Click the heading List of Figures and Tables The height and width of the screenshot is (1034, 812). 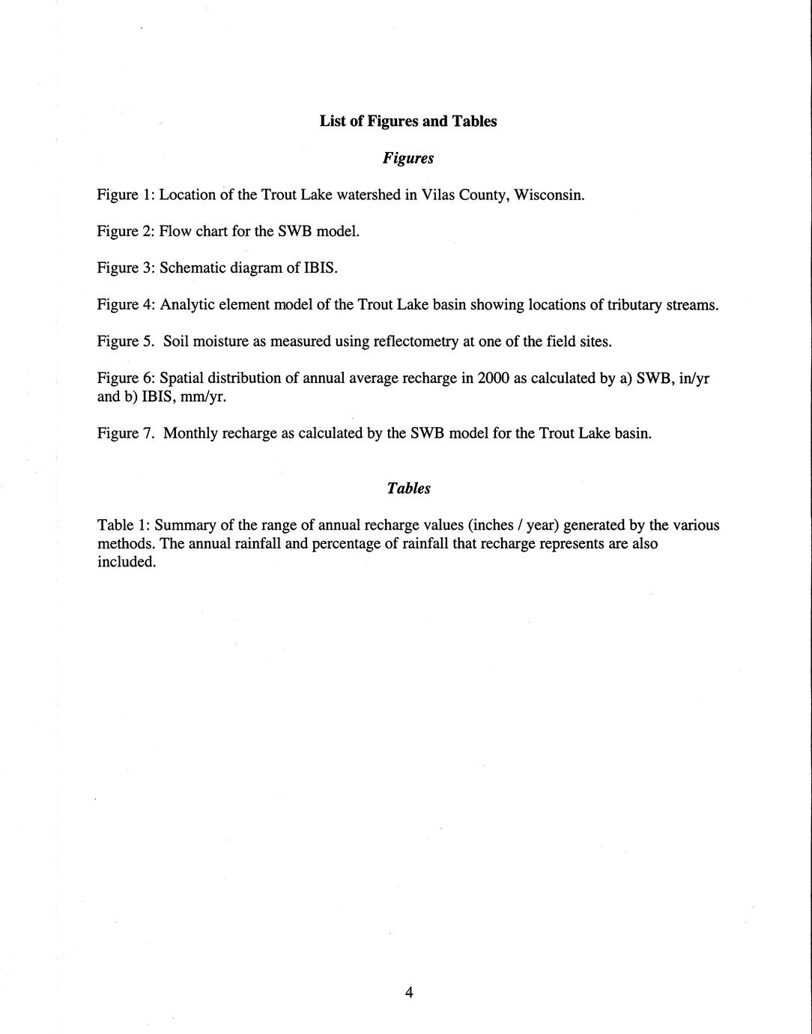(x=407, y=121)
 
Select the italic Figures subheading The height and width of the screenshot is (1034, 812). (x=407, y=158)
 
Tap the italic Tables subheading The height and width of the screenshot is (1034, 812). (x=408, y=489)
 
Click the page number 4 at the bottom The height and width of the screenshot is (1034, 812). (x=409, y=993)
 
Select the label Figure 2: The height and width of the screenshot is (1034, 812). (x=126, y=232)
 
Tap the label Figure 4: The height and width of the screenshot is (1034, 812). (x=126, y=305)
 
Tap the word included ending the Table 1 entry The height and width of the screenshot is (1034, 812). (x=126, y=562)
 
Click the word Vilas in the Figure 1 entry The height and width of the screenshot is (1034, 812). (x=440, y=195)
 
